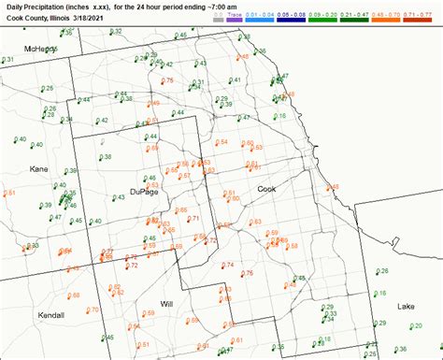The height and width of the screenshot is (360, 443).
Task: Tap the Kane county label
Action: pyautogui.click(x=38, y=169)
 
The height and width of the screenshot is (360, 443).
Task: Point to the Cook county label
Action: pyautogui.click(x=267, y=189)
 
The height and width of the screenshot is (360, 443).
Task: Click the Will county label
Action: pyautogui.click(x=167, y=304)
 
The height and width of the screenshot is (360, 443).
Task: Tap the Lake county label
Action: pyautogui.click(x=406, y=306)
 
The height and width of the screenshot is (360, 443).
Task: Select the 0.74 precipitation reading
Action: pyautogui.click(x=229, y=266)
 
